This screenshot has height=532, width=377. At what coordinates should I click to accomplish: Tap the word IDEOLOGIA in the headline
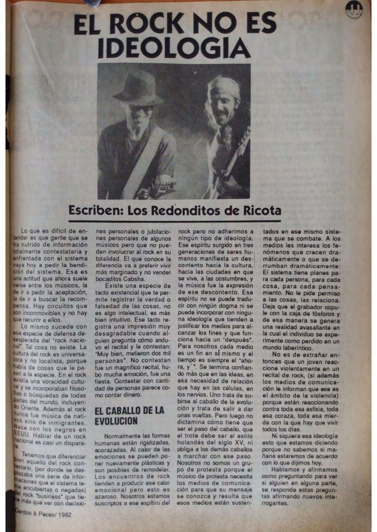(x=174, y=48)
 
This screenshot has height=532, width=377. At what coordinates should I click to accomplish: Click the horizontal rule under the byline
(x=174, y=221)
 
